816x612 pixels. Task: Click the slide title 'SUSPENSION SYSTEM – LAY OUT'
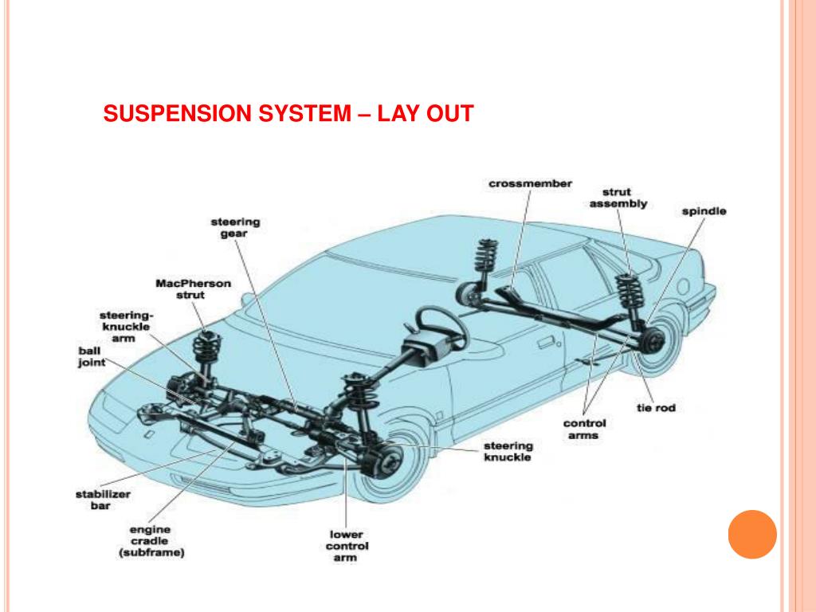click(288, 115)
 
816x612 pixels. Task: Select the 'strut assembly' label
click(618, 198)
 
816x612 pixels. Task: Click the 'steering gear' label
click(235, 227)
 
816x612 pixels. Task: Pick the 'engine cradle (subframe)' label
click(151, 541)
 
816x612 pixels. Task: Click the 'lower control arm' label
click(347, 546)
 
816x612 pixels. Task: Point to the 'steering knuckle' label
click(508, 451)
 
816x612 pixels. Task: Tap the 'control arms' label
click(584, 430)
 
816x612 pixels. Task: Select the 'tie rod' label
click(656, 408)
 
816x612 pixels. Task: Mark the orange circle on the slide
click(752, 534)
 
